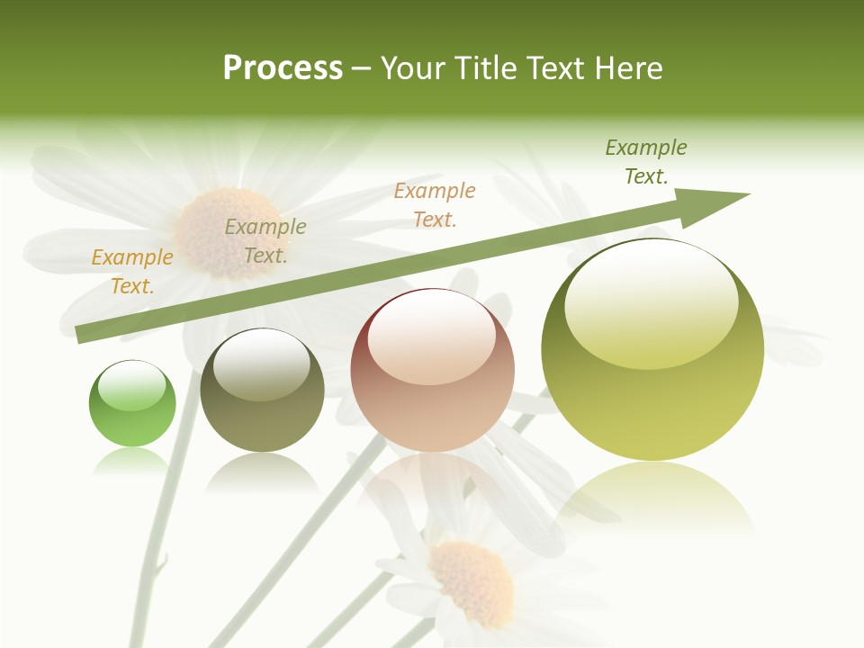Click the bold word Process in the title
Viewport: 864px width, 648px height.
coord(283,68)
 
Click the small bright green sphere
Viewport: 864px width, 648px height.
coord(132,405)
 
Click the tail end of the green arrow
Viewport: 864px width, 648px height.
coord(83,334)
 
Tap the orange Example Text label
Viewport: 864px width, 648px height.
coord(132,271)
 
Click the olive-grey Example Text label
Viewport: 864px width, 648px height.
coord(265,241)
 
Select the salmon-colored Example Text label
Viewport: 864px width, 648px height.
coord(435,204)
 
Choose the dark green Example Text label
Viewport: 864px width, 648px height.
coord(646,161)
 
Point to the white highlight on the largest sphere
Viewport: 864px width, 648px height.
coord(651,301)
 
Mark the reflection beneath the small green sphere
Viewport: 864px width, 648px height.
coord(131,461)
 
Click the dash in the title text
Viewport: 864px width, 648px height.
coord(362,68)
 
